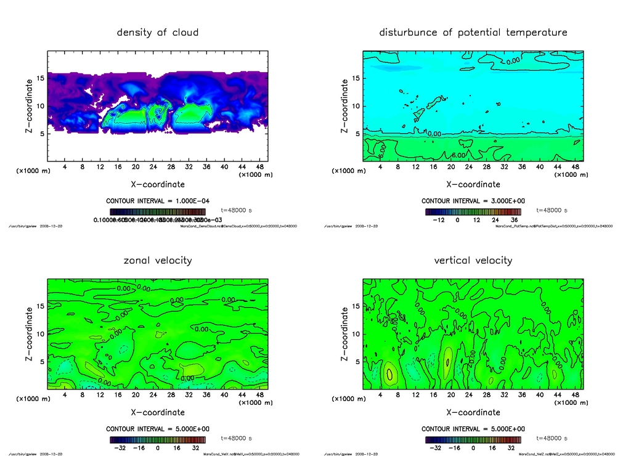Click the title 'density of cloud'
[x=158, y=32]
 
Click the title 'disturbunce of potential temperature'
[x=473, y=32]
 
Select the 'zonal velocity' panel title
[x=158, y=260]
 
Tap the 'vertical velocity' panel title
[x=473, y=260]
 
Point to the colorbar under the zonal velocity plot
[x=158, y=440]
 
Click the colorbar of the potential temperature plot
[x=473, y=211]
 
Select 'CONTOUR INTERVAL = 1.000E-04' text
[x=158, y=201]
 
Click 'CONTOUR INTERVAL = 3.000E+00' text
[x=473, y=201]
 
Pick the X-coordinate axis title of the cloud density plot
[x=158, y=184]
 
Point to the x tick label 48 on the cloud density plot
[x=260, y=166]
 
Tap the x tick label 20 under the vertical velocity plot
[x=451, y=395]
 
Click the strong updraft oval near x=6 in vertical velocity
[x=389, y=372]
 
